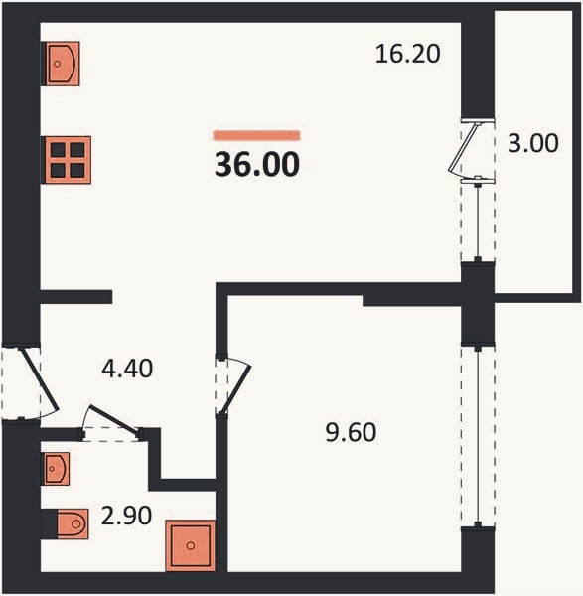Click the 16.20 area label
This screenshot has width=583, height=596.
tap(408, 54)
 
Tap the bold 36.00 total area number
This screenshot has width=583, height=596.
tap(257, 165)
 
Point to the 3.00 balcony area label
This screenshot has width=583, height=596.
tap(533, 143)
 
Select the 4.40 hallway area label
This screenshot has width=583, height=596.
tap(127, 369)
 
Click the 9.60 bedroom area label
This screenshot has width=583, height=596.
tap(351, 432)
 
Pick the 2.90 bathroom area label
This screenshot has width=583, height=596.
tap(126, 516)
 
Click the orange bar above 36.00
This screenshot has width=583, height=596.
tap(257, 135)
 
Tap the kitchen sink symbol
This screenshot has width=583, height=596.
tap(61, 64)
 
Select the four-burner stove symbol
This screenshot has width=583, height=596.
tap(67, 160)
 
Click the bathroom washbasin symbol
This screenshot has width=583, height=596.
tap(56, 469)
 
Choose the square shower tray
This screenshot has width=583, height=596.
tap(191, 545)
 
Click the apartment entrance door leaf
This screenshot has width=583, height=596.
tap(40, 380)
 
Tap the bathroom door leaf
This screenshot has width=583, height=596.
tap(113, 419)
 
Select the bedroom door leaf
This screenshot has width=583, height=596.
tap(236, 389)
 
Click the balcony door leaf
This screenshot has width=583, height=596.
tap(463, 149)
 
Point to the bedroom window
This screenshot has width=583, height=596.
tap(478, 436)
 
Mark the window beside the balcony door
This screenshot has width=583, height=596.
tap(478, 220)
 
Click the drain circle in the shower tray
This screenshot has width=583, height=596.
tap(191, 546)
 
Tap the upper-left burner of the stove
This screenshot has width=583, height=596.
tap(58, 150)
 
